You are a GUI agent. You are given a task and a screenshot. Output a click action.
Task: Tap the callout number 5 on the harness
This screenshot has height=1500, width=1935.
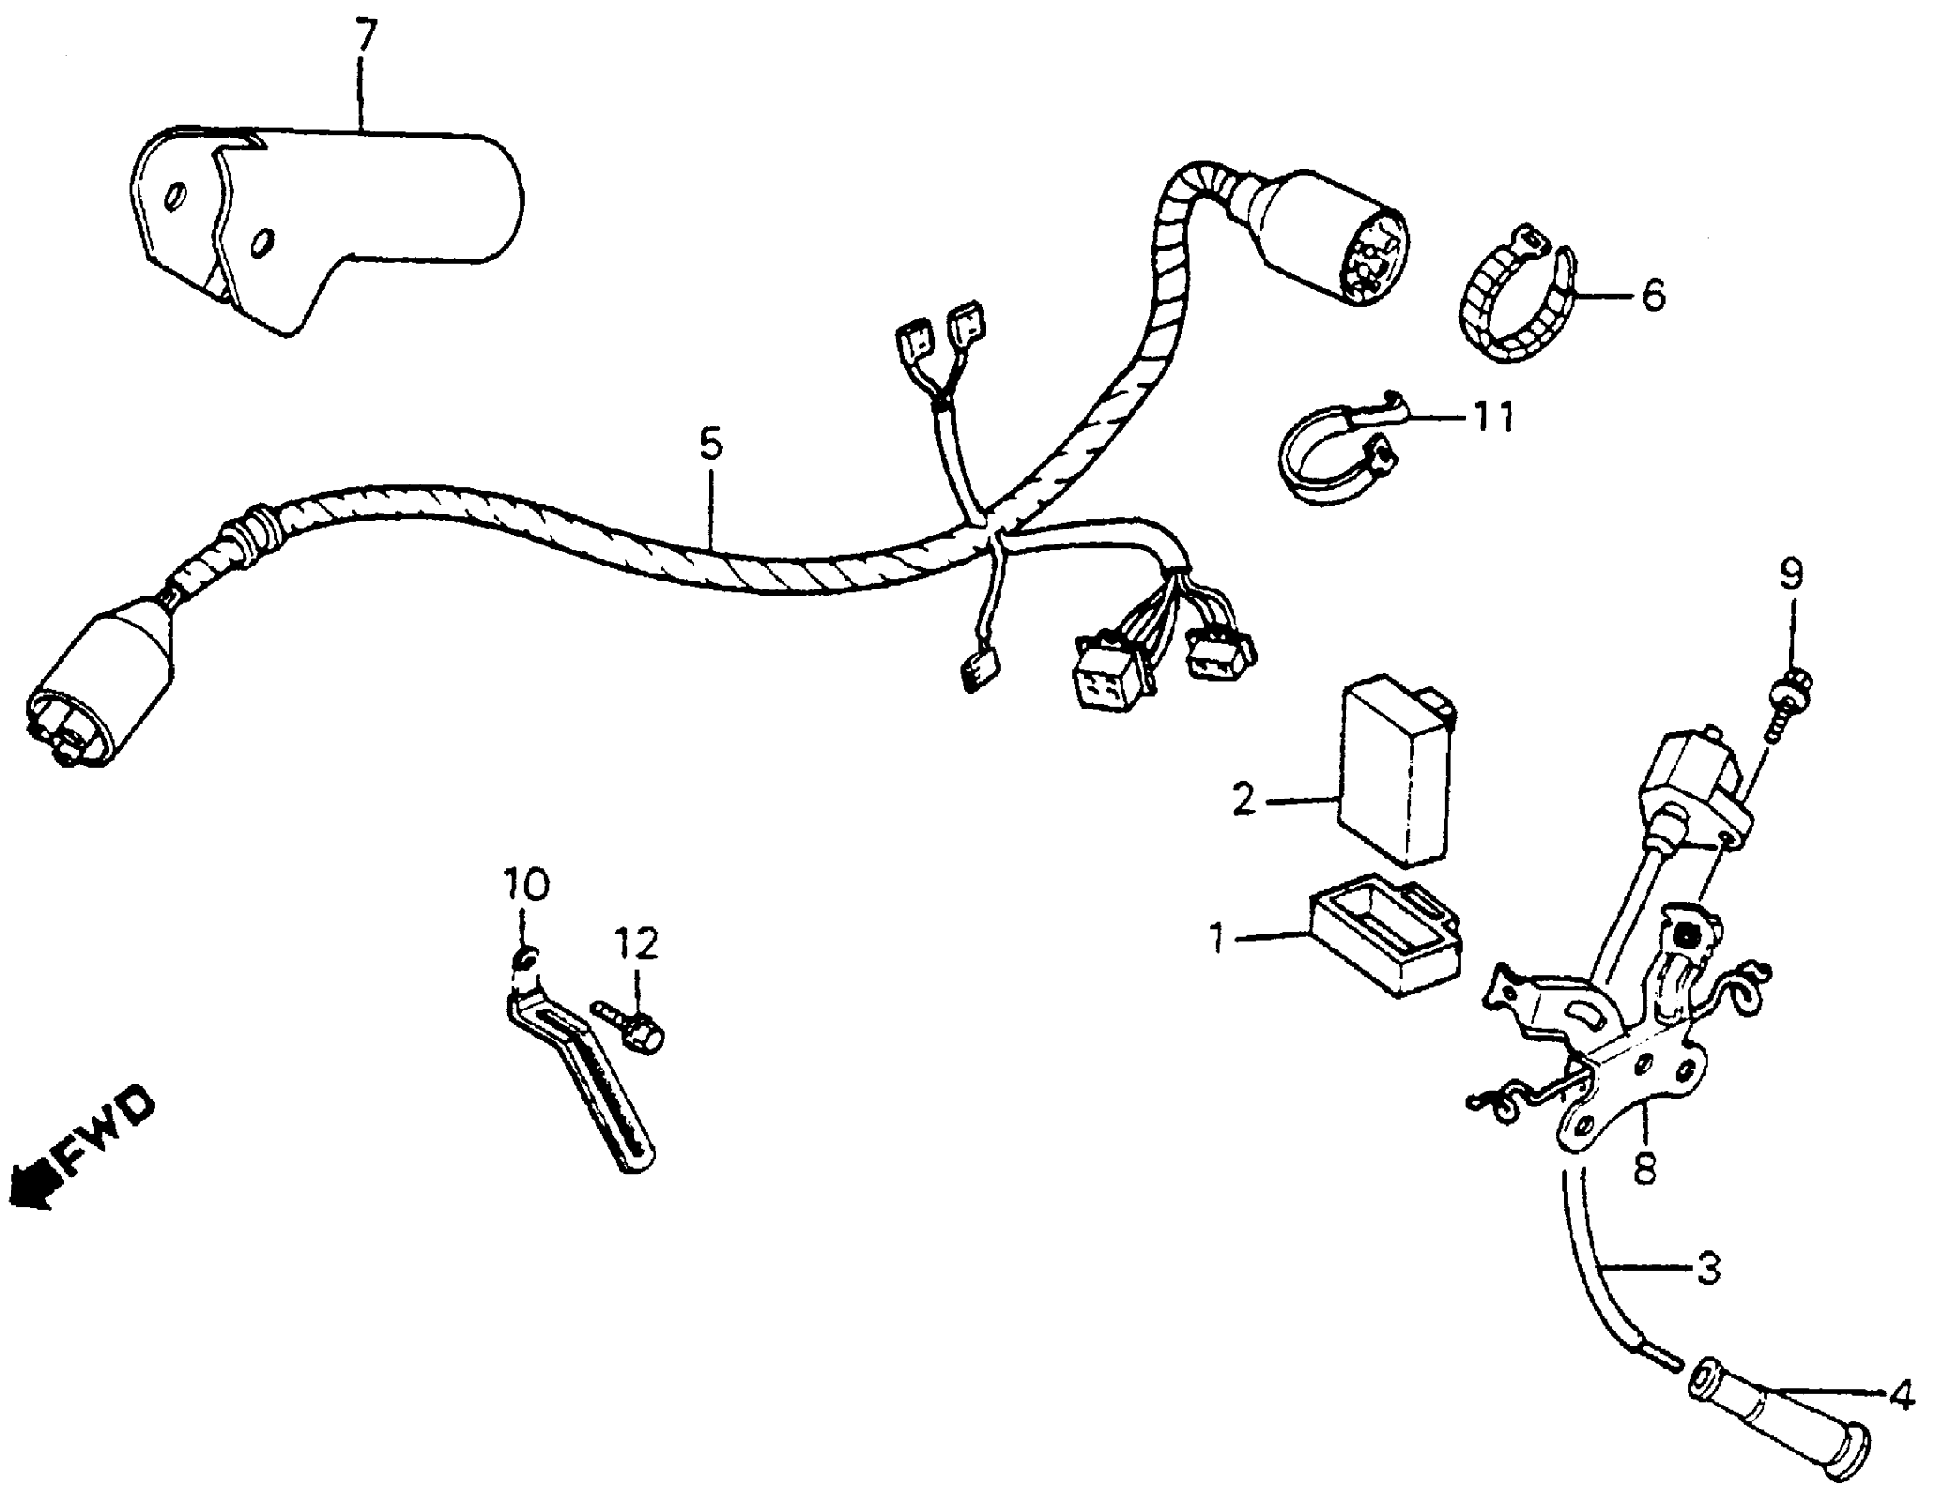point(710,445)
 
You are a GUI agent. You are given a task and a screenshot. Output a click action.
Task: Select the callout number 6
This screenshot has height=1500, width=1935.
point(1654,296)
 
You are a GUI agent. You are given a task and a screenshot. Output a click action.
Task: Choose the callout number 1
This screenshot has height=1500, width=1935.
point(1219,938)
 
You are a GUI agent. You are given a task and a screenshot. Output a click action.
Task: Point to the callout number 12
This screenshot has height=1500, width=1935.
point(638,944)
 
